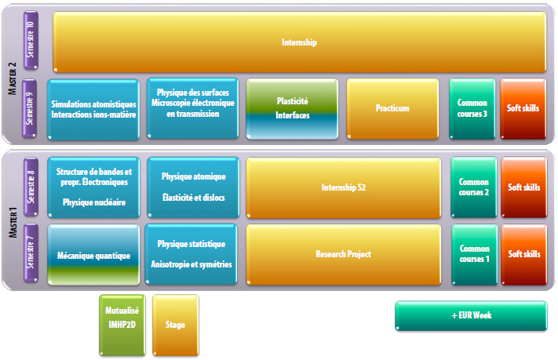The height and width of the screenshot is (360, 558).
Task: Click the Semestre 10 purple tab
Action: tap(31, 40)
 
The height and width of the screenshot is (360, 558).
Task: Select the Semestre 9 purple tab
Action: tap(30, 108)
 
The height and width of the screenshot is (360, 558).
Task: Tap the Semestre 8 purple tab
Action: tap(31, 187)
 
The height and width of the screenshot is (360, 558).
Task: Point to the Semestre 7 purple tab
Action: tap(31, 253)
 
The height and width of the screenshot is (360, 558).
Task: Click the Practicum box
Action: tap(392, 108)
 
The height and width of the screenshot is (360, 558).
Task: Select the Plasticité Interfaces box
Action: tap(292, 108)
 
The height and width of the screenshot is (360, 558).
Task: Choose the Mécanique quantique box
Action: tap(93, 255)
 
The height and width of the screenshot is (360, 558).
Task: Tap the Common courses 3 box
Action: tap(472, 108)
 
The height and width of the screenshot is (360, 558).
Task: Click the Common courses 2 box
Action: tap(474, 187)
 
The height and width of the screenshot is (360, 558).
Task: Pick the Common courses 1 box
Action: tap(474, 255)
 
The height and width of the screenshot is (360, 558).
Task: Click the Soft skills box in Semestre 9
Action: tap(523, 108)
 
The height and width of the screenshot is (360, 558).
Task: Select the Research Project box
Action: tap(344, 255)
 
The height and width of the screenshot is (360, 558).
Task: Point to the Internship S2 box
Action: tap(344, 187)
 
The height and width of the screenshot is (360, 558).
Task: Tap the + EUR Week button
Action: tap(471, 315)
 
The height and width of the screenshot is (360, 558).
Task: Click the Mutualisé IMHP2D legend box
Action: tap(122, 325)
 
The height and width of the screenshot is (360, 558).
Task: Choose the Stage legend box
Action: tap(176, 325)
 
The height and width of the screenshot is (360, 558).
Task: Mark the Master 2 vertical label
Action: tap(12, 78)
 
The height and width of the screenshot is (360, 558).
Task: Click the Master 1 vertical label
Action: tap(13, 223)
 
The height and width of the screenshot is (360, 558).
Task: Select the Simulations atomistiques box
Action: tap(93, 109)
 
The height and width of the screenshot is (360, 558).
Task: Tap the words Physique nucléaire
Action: tap(94, 202)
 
